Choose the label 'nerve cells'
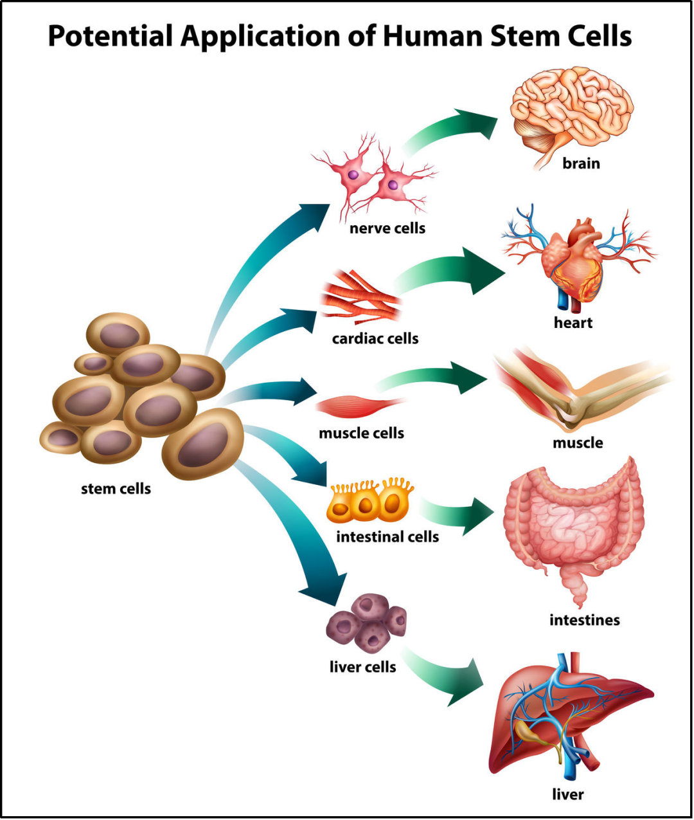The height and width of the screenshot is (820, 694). pos(387,228)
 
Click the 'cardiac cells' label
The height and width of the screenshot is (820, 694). pos(375,338)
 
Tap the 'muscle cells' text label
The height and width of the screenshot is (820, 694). pos(361,433)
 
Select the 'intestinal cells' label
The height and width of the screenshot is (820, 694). pos(387,536)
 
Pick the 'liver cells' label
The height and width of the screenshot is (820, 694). pos(362,667)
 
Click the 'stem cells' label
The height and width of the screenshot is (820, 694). pos(116,489)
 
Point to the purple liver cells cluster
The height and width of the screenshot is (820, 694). pos(367,623)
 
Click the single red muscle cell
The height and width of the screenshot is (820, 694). pos(357,406)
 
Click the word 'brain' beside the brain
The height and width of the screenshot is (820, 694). pos(581,163)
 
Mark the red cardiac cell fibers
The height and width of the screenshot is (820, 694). pos(360,297)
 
